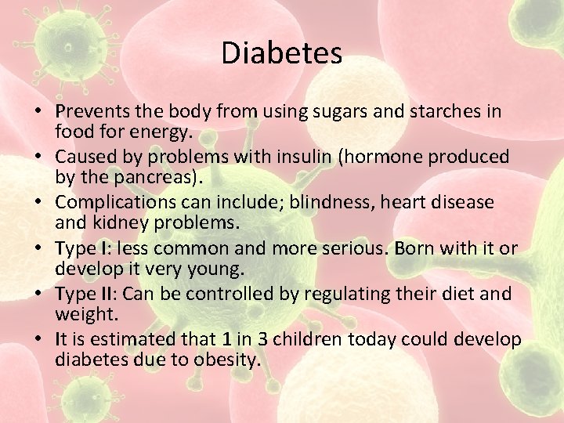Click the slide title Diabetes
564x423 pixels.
[x=282, y=53]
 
